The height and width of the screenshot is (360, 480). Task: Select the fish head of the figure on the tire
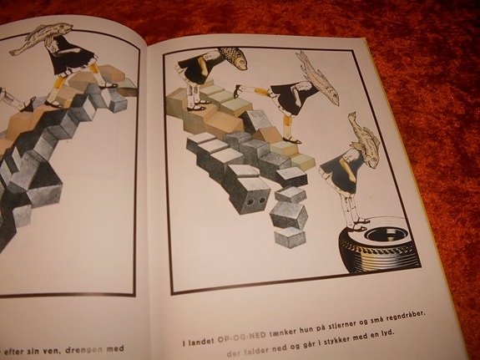pyautogui.click(x=364, y=133)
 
